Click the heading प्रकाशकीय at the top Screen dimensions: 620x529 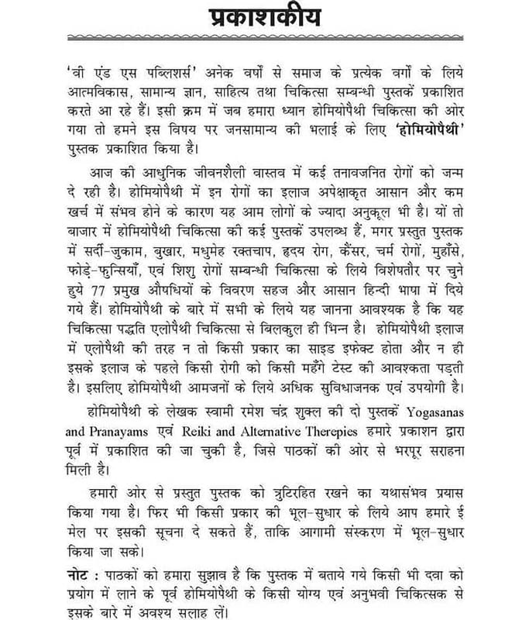click(x=265, y=17)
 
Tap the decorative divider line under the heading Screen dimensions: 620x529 click(x=265, y=38)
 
